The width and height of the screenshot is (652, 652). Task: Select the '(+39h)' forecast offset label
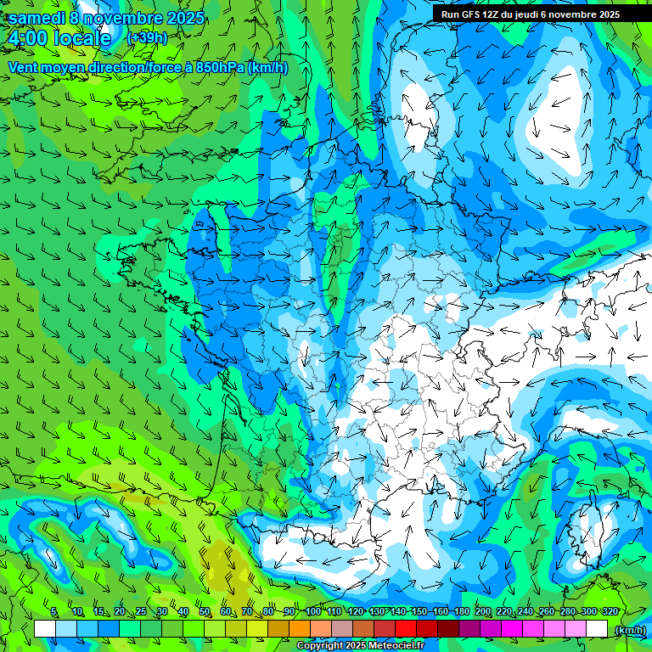pos(147,38)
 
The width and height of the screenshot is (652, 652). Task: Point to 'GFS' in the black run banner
pos(475,14)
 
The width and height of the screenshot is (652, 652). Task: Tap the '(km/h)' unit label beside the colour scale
pos(629,630)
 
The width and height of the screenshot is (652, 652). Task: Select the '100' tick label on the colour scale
pos(313,612)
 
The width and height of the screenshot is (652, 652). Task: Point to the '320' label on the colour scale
pos(610,612)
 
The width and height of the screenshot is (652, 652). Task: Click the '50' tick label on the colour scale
pos(205,612)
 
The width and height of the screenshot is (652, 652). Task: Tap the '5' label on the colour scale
pos(53,612)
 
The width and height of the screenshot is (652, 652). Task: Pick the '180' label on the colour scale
pos(462,612)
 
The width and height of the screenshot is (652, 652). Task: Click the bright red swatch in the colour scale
pos(406,629)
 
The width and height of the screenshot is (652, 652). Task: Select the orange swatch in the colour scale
pos(300,629)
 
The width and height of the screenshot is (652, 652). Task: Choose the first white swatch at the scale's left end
pos(45,629)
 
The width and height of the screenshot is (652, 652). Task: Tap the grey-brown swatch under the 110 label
pos(342,629)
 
